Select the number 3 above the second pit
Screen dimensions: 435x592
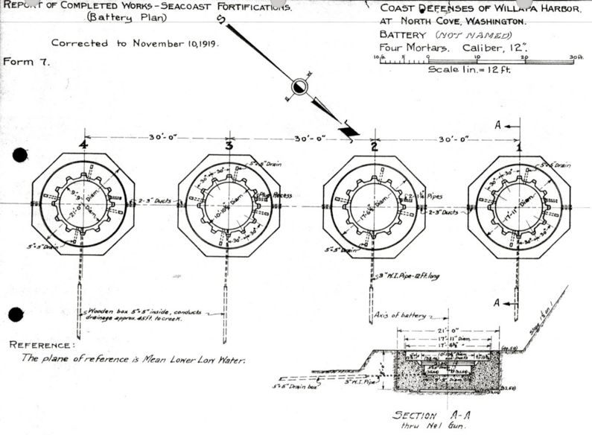(x=229, y=146)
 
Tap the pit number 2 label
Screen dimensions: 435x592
(x=374, y=146)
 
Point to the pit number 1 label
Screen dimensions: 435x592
(x=519, y=146)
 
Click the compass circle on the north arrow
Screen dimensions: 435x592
(x=299, y=86)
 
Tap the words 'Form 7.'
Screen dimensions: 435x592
(x=27, y=63)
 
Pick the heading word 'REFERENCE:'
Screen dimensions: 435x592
(x=42, y=346)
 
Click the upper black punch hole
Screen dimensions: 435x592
(x=20, y=156)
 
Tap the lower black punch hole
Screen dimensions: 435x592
(x=16, y=315)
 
